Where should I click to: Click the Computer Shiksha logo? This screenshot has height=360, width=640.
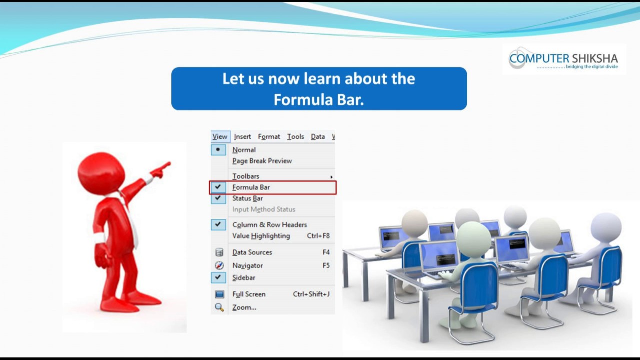[x=563, y=59]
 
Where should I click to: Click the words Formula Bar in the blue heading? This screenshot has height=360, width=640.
[x=318, y=100]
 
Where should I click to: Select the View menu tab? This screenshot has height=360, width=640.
[x=220, y=137]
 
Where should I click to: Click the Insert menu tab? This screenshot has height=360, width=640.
[x=242, y=137]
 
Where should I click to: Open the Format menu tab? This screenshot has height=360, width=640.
[x=269, y=137]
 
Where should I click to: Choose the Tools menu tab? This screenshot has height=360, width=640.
[x=295, y=137]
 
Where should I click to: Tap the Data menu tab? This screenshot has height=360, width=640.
[x=318, y=137]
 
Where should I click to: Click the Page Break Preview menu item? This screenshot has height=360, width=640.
[x=262, y=161]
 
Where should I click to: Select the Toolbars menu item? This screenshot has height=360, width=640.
[x=246, y=176]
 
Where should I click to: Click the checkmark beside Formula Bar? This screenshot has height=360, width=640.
[x=218, y=187]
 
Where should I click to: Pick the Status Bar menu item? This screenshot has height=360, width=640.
[x=247, y=198]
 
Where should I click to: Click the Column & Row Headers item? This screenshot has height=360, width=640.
[x=269, y=225]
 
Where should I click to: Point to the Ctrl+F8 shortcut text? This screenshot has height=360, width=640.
[x=318, y=236]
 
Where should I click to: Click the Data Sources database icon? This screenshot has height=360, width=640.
[x=219, y=252]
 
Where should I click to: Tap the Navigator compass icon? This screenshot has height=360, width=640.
[x=219, y=265]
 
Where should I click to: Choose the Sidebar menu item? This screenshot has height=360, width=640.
[x=244, y=278]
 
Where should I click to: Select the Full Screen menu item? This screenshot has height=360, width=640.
[x=249, y=294]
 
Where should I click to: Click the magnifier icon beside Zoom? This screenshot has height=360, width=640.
[x=219, y=307]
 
